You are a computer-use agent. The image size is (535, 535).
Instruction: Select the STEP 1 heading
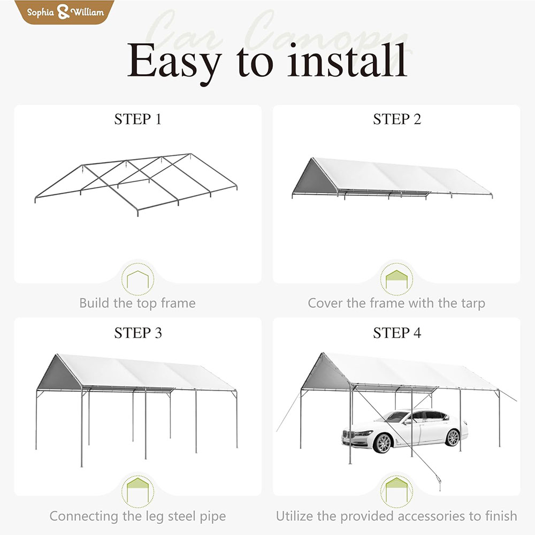point(137,119)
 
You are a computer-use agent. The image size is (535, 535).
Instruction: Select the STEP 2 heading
point(397,119)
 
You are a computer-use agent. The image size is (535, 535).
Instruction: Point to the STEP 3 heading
point(137,333)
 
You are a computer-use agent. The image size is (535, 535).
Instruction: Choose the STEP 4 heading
point(397,333)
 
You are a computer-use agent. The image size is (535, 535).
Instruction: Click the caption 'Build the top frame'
point(137,303)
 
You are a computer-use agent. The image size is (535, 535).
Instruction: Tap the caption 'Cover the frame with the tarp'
point(396,303)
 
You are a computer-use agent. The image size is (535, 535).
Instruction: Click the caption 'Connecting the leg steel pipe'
point(137,516)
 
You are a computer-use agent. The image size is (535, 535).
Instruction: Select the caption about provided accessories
point(396,516)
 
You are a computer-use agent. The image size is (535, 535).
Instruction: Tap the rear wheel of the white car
point(453,437)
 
